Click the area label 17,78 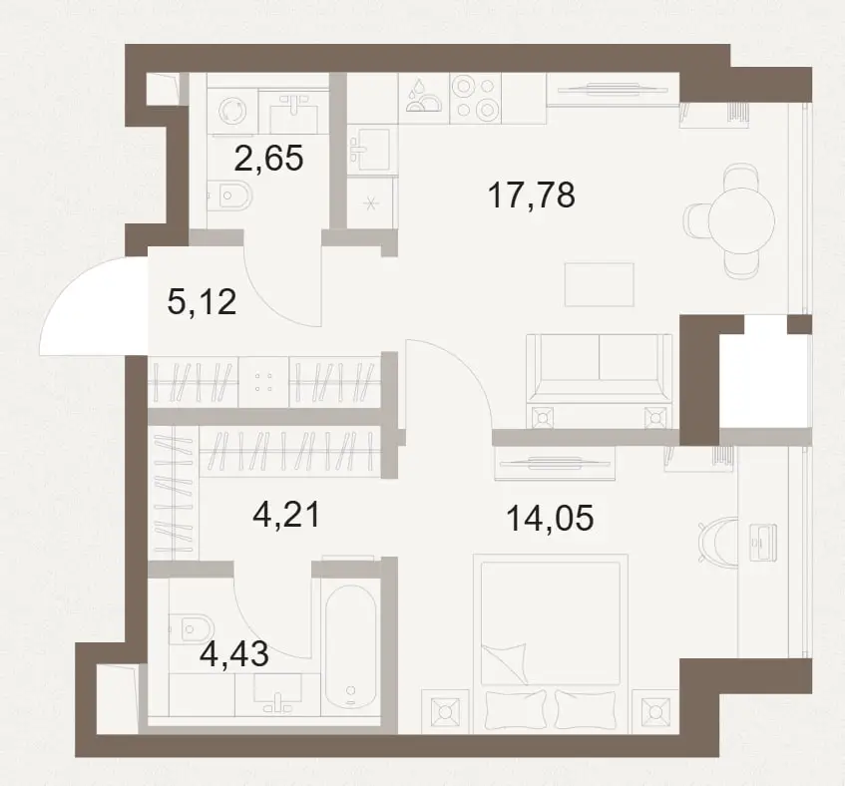point(532,196)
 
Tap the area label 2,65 point(269,159)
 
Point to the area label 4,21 point(286,515)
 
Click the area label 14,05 point(551,519)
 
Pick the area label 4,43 point(233,654)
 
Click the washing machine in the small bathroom point(232,112)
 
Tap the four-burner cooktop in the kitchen point(475,98)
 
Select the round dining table point(741,220)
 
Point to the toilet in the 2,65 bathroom point(230,196)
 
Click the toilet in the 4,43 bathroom point(192,628)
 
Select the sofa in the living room point(600,381)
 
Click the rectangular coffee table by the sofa point(600,284)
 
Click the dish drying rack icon point(424,98)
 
